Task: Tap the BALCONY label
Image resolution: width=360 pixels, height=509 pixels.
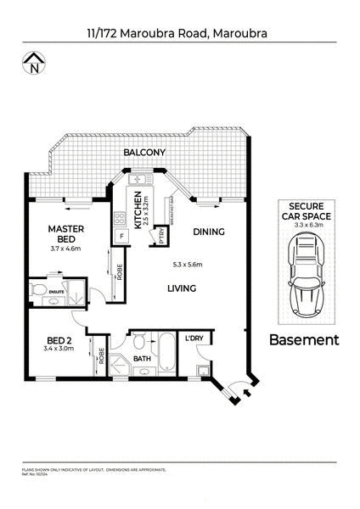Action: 143,154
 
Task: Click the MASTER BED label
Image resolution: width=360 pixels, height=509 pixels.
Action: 64,234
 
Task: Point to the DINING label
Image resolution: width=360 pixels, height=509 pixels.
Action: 208,231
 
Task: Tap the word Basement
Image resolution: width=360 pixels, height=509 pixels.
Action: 303,340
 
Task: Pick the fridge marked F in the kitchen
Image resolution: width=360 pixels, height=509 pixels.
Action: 121,236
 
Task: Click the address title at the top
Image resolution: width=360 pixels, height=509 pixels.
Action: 179,34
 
